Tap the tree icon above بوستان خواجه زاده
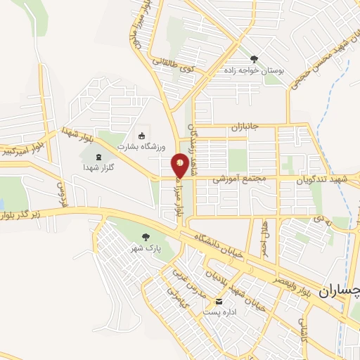coord(254,59)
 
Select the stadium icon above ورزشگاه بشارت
coord(141,135)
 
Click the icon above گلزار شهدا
coord(98,155)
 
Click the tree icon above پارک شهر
coord(146,237)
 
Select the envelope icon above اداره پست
coord(218,301)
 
